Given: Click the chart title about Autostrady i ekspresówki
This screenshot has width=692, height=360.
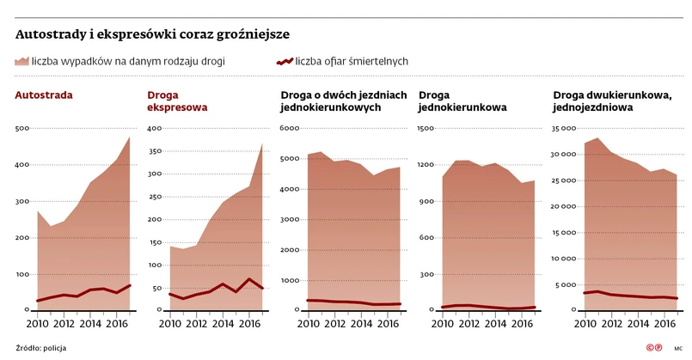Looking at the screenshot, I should (x=152, y=35).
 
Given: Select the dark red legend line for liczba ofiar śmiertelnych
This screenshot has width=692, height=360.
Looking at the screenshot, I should (x=285, y=62).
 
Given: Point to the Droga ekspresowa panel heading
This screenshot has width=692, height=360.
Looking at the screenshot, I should (x=177, y=101).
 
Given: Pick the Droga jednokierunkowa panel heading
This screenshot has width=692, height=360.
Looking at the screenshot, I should (x=461, y=101).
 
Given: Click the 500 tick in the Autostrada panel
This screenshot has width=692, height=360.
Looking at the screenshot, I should (x=23, y=129).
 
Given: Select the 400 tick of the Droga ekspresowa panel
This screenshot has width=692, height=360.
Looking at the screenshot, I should (x=155, y=129).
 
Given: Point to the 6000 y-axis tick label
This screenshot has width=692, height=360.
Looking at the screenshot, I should (x=291, y=129).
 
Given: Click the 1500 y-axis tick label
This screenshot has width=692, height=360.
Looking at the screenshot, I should (x=426, y=129).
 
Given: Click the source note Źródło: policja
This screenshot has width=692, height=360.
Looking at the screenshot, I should (x=40, y=348).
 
